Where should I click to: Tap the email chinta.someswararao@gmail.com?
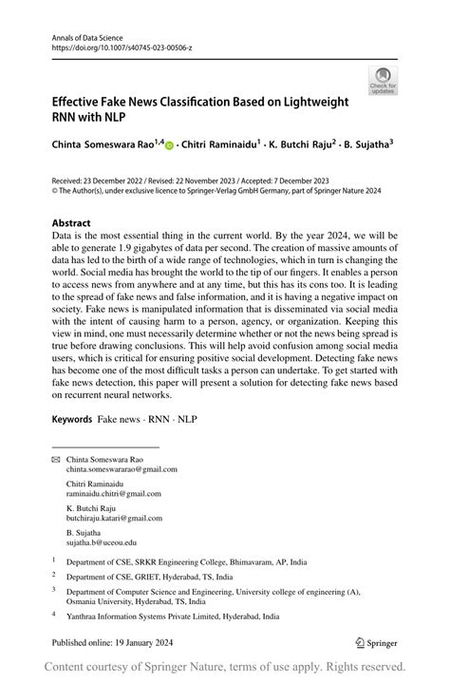point(122,468)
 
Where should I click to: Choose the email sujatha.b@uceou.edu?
point(102,543)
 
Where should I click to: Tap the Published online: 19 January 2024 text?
point(113,643)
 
